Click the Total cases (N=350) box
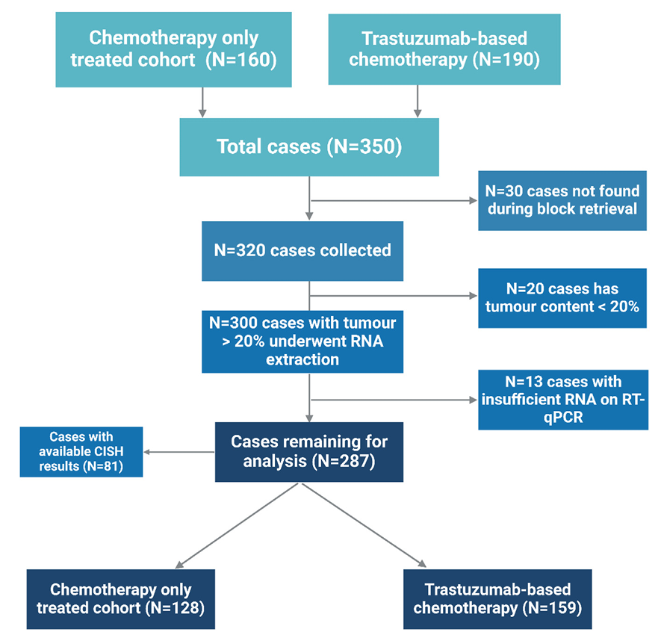309,146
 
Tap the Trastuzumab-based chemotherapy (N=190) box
444,49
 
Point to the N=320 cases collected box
302,250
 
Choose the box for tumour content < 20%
562,297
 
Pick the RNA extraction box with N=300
302,341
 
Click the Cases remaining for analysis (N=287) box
309,452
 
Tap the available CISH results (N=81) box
81,451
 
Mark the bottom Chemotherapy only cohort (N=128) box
121,599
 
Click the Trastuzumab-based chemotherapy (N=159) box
497,599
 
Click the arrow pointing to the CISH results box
179,452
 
